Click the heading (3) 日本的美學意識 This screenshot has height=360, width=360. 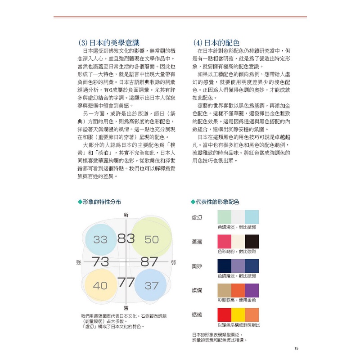point(112,43)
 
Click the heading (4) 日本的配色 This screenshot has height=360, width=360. point(220,43)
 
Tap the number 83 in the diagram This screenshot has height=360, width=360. point(126,238)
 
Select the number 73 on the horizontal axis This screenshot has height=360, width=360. point(100,261)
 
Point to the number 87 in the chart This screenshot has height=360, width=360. point(149,261)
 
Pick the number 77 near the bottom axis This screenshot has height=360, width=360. point(126,283)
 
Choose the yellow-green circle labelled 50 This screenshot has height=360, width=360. point(152,239)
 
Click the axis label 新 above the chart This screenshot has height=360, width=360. point(126,214)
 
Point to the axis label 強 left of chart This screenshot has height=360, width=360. point(79,261)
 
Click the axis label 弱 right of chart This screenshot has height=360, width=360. point(173,261)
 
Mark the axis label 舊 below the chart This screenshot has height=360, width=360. point(126,307)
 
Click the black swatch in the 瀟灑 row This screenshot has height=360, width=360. point(252,241)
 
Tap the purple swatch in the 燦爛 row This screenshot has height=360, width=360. point(252,290)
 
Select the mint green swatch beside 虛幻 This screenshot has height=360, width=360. point(224,216)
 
